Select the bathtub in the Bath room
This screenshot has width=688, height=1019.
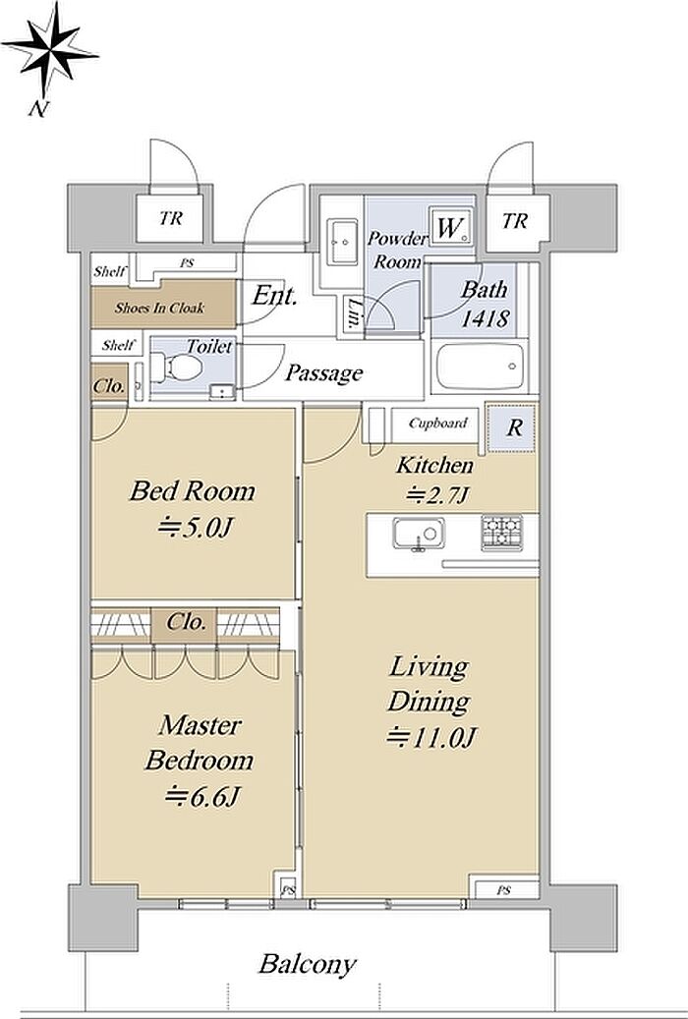coord(481,367)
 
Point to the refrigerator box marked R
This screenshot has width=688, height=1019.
coord(512,427)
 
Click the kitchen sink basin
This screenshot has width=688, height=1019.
coord(418,534)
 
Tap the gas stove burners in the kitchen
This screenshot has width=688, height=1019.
coord(501,533)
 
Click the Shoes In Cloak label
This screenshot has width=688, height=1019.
coord(158,308)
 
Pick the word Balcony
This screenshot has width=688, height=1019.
coord(308,964)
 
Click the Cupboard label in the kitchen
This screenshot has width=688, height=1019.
coord(437,424)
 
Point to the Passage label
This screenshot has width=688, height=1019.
coord(323,373)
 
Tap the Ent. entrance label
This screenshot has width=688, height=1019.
coord(274,297)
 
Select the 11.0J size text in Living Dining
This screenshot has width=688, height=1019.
coord(432,737)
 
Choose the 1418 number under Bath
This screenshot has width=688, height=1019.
coord(485,318)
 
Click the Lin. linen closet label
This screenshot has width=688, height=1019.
coord(353,314)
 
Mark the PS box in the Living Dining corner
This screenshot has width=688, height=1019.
coord(504,890)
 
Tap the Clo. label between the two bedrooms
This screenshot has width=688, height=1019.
coord(186,622)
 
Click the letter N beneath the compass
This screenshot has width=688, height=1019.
coord(37,109)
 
